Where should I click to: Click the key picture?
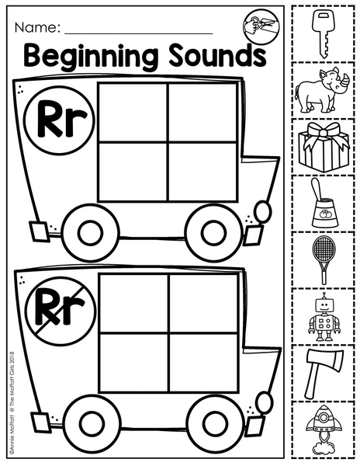click(323, 33)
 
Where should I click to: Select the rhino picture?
click(322, 90)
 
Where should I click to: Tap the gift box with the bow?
click(324, 147)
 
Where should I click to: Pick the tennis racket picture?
click(324, 260)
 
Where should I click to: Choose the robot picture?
click(324, 317)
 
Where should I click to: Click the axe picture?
click(323, 373)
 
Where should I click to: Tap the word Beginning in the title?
click(91, 57)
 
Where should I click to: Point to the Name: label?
click(37, 28)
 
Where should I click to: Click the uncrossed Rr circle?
click(59, 120)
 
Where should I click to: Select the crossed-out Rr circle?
click(61, 310)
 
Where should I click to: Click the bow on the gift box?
click(324, 134)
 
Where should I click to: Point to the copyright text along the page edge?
click(12, 407)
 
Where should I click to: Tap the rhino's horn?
click(344, 81)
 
